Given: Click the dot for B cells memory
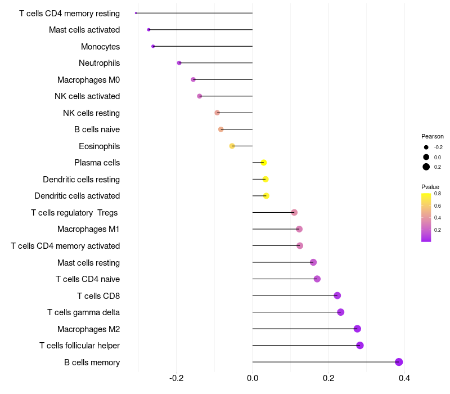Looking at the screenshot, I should tap(399, 362).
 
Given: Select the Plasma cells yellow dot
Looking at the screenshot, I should tap(263, 163).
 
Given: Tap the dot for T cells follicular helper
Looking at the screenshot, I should tap(360, 346).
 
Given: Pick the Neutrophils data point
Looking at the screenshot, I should tap(179, 63).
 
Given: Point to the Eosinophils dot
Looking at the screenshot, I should tap(232, 146).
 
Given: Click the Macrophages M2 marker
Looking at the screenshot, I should tap(357, 329).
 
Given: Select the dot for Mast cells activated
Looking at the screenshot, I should tap(148, 30).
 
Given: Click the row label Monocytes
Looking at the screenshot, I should tap(100, 46).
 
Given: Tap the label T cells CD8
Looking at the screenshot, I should tap(98, 296).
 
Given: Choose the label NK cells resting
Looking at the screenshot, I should tap(91, 113).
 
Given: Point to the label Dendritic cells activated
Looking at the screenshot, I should tap(77, 196).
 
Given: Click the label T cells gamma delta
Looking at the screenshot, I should tap(83, 312).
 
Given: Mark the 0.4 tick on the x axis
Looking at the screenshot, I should tap(404, 378).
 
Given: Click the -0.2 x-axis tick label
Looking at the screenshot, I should tap(177, 378).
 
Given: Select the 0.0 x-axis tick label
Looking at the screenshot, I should tap(253, 378).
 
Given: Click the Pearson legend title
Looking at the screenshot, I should tap(433, 136).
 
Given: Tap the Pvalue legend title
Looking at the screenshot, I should tap(430, 187).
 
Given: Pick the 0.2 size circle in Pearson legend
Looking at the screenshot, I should tap(426, 167).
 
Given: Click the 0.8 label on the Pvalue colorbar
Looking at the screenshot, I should tap(438, 194).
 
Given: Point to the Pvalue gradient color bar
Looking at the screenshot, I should tap(426, 217).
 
